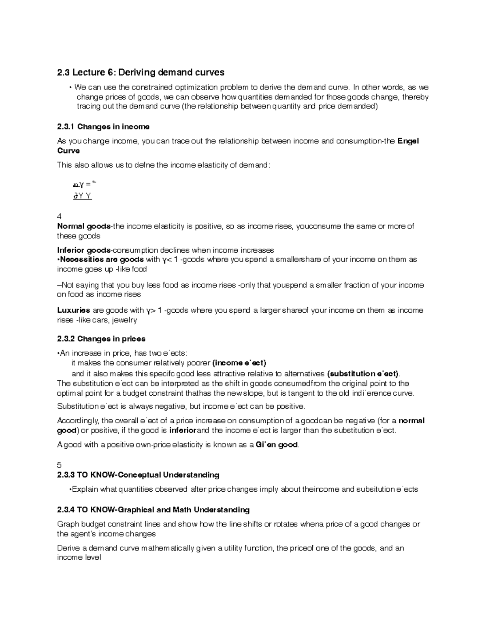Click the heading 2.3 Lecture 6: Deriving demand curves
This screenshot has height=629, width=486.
tap(141, 72)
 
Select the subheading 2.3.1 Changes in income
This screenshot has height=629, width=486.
tap(103, 127)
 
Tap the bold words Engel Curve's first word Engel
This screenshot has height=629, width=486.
tap(408, 141)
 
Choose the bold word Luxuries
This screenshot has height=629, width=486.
tap(73, 310)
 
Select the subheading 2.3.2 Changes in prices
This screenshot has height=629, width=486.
tap(101, 339)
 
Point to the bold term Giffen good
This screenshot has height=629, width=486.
tap(277, 445)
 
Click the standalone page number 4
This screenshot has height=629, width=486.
tap(60, 216)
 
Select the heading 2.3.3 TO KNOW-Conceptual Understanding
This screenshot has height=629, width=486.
tap(138, 475)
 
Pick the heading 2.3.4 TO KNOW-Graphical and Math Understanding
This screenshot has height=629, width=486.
tap(153, 510)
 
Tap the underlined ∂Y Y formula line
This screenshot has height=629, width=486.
tap(82, 196)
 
